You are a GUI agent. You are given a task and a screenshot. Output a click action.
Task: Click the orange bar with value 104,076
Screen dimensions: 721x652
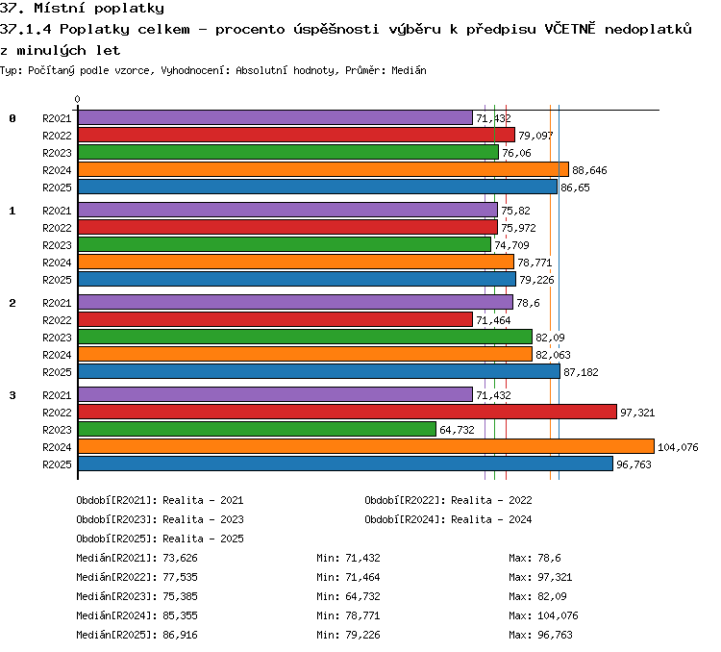click(366, 446)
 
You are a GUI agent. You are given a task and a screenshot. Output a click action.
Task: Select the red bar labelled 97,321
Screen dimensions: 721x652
click(347, 412)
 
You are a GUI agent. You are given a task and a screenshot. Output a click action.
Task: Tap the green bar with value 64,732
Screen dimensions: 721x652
click(257, 429)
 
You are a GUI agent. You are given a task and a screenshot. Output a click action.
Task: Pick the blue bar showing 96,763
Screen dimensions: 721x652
click(345, 464)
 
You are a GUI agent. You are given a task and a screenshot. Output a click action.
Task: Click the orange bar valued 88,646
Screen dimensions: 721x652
click(323, 169)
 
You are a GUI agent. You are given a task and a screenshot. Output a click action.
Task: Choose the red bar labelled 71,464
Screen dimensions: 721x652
click(276, 319)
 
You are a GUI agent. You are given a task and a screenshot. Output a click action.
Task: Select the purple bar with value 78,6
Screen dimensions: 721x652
click(296, 302)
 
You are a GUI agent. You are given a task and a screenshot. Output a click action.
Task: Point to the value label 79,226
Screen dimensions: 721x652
click(536, 280)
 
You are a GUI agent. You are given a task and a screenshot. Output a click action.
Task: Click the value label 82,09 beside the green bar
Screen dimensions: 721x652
click(550, 338)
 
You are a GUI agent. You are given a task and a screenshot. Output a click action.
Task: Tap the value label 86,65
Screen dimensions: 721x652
click(575, 188)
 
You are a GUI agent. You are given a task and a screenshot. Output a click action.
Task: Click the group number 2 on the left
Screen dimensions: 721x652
click(12, 303)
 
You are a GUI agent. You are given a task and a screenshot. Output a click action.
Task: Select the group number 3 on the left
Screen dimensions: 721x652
click(12, 395)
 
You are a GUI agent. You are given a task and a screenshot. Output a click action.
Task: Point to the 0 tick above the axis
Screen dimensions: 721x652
click(77, 99)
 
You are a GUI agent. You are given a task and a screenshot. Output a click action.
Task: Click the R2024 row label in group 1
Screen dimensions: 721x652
click(57, 263)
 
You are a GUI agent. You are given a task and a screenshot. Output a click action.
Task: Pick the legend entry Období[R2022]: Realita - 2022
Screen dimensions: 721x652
click(448, 500)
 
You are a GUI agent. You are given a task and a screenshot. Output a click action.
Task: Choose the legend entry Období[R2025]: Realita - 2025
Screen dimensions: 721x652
click(160, 539)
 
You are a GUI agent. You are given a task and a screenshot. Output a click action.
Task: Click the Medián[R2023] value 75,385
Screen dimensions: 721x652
click(181, 596)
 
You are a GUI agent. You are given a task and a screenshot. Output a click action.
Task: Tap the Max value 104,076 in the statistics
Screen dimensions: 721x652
click(558, 615)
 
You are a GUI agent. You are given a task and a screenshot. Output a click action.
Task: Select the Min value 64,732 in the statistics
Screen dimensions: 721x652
click(362, 596)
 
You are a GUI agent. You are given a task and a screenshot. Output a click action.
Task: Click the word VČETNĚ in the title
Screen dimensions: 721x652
click(570, 29)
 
